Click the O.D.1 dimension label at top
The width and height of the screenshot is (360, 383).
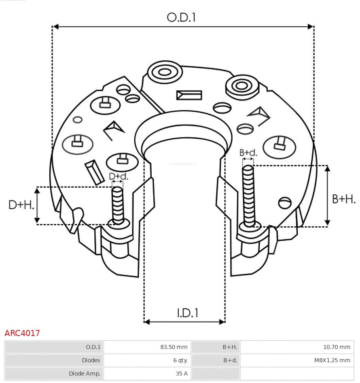tap(181, 17)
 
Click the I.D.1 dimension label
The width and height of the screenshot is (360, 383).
tap(187, 313)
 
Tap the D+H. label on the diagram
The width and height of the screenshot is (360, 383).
tap(21, 205)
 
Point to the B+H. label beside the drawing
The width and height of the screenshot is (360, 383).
tap(343, 199)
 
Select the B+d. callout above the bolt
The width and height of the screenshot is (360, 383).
tap(248, 153)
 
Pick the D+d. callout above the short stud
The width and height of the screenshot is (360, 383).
tap(118, 176)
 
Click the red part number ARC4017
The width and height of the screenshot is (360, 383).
tap(22, 333)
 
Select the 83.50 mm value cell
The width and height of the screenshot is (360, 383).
tap(174, 347)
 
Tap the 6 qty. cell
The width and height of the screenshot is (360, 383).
tap(180, 360)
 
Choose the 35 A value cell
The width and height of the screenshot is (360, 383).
tap(182, 374)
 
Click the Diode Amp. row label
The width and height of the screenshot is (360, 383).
tap(85, 374)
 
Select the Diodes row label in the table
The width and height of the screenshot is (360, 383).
tap(91, 360)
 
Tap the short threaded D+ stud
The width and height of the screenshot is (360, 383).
tap(118, 205)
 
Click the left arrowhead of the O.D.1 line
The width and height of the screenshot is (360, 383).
tap(56, 27)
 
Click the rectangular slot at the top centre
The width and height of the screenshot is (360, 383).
tap(189, 95)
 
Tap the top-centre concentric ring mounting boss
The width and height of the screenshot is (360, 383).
tap(165, 73)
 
